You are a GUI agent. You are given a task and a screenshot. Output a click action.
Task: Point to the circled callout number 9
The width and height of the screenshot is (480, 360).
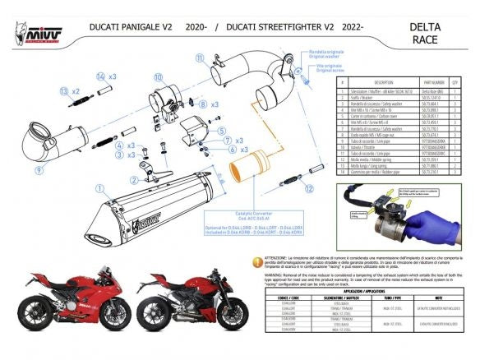point(37,170)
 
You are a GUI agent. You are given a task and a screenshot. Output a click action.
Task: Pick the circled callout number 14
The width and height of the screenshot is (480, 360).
point(100,76)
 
